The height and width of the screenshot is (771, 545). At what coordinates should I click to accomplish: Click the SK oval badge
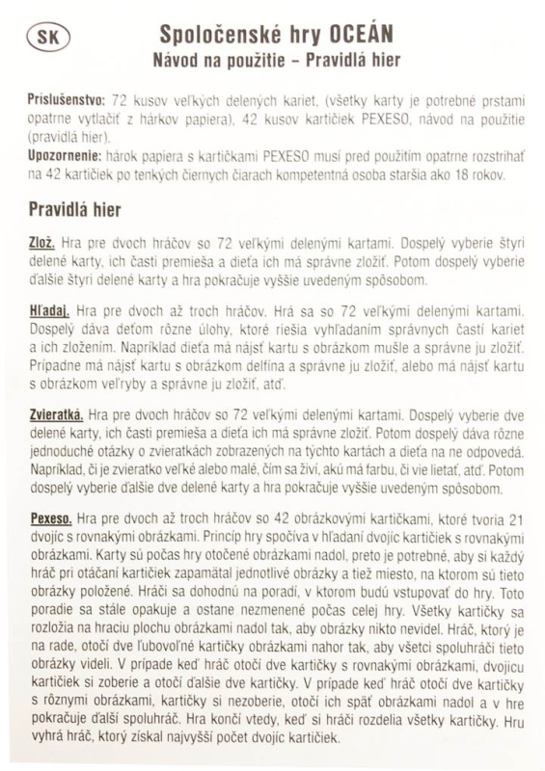[44, 39]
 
